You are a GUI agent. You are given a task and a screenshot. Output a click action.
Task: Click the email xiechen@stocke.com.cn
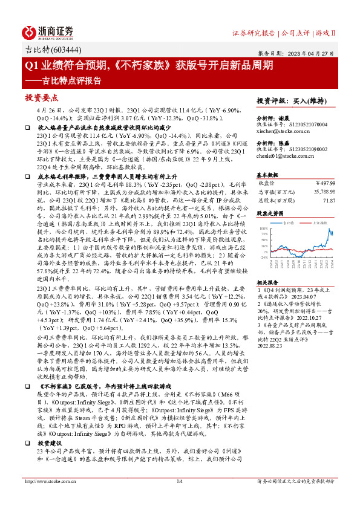point(280,130)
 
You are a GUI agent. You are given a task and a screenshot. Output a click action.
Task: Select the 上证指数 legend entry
point(319,222)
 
